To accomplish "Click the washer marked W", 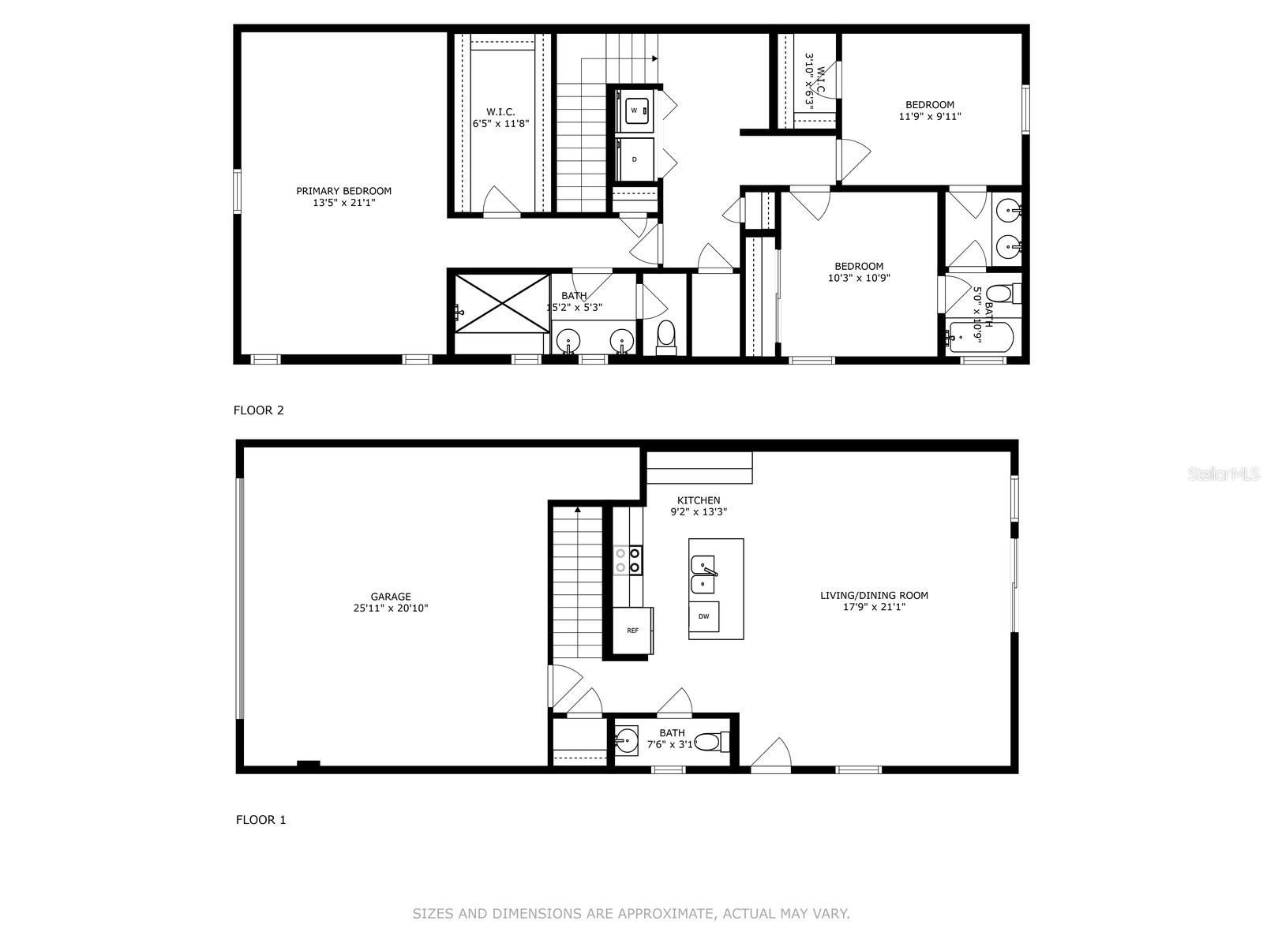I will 635,110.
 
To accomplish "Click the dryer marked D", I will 635,159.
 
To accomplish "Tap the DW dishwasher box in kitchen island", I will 703,616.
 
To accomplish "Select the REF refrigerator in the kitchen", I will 633,631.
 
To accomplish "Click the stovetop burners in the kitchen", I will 628,560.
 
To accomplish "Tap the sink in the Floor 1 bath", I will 628,740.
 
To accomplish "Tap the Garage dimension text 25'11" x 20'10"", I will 391,608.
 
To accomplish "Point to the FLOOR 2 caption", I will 258,410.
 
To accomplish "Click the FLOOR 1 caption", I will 260,819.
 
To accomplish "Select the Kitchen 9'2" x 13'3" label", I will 699,506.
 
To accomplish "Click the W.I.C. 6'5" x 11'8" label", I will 500,118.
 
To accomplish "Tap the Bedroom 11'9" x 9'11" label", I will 929,110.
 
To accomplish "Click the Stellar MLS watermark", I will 1224,474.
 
